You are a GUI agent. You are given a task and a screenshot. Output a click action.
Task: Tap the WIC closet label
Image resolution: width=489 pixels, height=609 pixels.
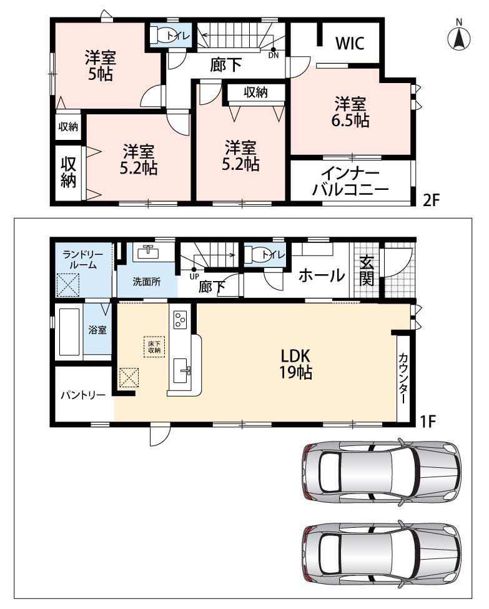[350, 43]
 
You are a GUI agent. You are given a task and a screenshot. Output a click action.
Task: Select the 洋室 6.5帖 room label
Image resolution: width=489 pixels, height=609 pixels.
[350, 112]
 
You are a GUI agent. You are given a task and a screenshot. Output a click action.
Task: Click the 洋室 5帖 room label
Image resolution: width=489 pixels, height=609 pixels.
[101, 66]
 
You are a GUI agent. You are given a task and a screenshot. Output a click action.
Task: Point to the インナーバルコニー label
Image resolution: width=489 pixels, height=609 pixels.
[351, 182]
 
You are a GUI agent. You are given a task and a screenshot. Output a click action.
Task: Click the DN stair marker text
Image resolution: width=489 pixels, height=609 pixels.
[274, 56]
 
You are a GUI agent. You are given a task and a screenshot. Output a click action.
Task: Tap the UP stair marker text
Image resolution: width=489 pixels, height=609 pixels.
[194, 277]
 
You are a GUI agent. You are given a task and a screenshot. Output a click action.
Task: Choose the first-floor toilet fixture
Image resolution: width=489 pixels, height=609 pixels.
[256, 255]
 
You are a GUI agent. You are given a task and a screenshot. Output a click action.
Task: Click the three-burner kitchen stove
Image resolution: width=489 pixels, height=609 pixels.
[180, 320]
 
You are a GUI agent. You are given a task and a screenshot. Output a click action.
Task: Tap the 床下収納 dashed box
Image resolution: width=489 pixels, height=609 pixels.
[154, 347]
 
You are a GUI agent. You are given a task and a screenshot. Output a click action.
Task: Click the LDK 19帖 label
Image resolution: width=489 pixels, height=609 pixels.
[296, 364]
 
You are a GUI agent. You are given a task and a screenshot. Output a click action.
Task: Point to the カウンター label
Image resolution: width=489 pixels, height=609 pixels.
[403, 378]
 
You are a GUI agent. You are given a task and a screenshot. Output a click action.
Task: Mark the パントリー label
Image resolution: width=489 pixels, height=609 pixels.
[83, 395]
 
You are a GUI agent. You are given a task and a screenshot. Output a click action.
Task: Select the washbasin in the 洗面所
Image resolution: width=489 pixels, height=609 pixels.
[148, 252]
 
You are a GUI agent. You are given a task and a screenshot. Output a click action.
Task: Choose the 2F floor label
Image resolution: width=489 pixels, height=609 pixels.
[431, 201]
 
